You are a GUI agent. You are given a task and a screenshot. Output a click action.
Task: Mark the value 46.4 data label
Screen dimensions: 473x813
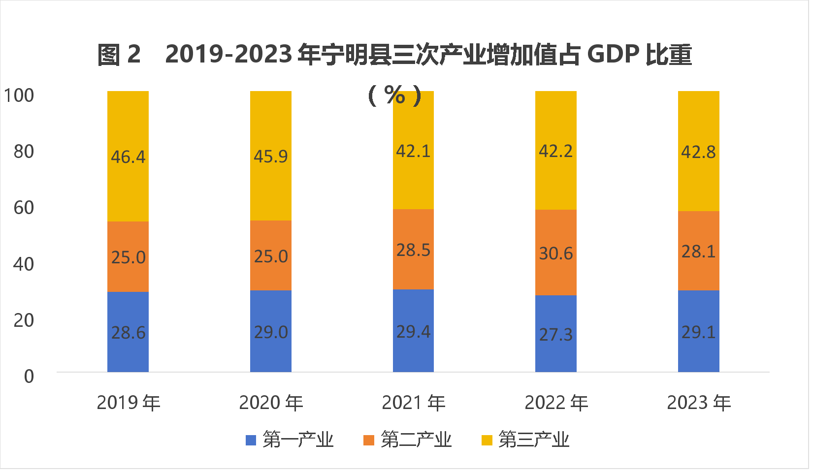(x=128, y=157)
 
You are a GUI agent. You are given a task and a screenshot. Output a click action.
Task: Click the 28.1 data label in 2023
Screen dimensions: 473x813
(x=698, y=252)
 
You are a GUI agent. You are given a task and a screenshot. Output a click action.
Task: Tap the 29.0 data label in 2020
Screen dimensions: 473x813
(x=270, y=332)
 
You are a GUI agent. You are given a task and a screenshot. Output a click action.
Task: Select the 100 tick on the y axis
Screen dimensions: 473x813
(x=19, y=95)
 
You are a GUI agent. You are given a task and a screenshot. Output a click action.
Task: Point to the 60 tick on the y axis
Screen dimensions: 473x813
(x=24, y=208)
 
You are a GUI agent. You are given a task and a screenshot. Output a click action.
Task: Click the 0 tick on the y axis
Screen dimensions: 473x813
(x=29, y=377)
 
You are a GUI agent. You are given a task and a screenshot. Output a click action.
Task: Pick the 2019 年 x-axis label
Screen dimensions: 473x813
(x=129, y=403)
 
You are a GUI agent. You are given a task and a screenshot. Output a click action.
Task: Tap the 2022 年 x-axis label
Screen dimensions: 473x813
(x=556, y=403)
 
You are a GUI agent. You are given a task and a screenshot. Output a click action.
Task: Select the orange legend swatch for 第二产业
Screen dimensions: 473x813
(x=369, y=440)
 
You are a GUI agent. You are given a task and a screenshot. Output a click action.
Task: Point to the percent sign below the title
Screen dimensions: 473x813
(x=395, y=95)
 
